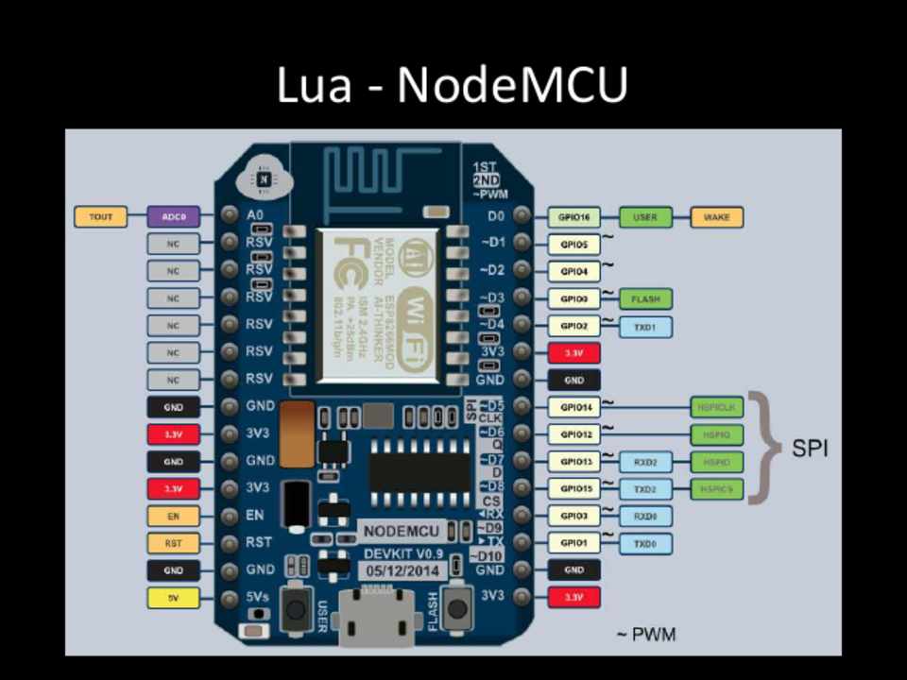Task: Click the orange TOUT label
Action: (101, 217)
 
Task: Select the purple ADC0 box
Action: (174, 217)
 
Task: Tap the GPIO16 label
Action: (574, 218)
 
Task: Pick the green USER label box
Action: (645, 218)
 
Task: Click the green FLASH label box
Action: (645, 299)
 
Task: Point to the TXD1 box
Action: (645, 327)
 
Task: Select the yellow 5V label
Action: (174, 598)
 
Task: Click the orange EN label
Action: (174, 517)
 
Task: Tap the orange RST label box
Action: (174, 543)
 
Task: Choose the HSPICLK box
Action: (717, 408)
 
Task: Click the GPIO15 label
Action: (574, 489)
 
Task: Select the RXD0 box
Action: (645, 517)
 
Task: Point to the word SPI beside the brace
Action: (810, 449)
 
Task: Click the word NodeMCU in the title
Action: (512, 85)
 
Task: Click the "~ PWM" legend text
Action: (646, 634)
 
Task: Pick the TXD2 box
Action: (645, 489)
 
